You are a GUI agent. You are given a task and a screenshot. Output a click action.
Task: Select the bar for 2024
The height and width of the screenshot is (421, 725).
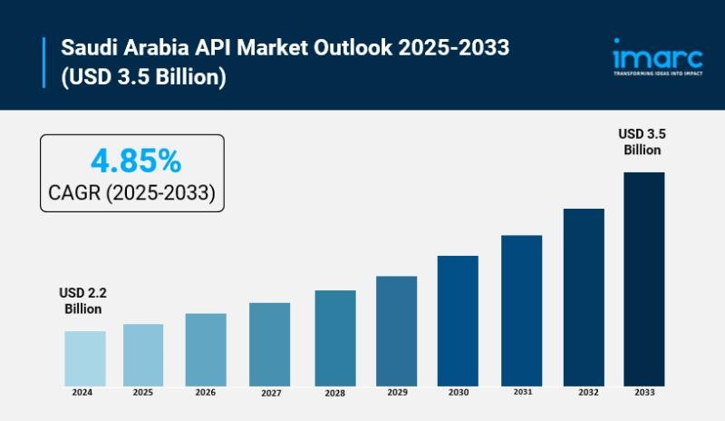[84, 357]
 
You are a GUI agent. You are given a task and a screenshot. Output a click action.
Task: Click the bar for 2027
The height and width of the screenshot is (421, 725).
[269, 344]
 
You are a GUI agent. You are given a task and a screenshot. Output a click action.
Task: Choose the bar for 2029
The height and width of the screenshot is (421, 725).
[396, 330]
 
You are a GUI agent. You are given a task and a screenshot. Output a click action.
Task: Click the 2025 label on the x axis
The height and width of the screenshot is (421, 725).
[143, 393]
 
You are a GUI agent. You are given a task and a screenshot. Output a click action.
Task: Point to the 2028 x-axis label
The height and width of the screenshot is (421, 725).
[334, 394]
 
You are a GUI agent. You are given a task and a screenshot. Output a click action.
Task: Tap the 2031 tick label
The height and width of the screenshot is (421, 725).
[522, 392]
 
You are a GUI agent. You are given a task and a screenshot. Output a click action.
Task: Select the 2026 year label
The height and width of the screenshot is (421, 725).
[205, 393]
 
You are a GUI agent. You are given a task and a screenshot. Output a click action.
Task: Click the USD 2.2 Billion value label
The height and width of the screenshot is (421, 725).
[83, 301]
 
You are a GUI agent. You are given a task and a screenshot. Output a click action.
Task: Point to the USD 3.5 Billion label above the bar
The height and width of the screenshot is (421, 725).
[643, 142]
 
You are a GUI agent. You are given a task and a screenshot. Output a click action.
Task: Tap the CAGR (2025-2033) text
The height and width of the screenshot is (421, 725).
[131, 192]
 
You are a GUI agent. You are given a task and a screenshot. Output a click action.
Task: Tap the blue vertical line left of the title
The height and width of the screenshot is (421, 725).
[43, 61]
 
